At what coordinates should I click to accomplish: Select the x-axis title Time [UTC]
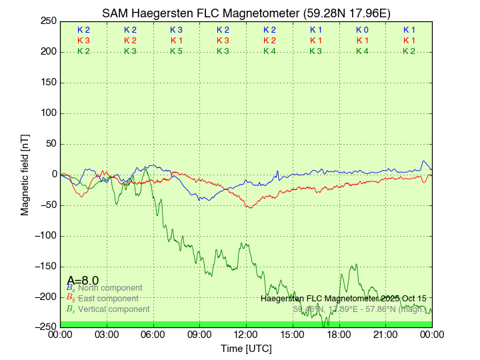[x=246, y=349]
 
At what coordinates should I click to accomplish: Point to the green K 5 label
[x=176, y=51]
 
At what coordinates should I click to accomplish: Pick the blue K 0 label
[x=362, y=30]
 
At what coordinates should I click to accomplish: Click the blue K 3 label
[x=176, y=30]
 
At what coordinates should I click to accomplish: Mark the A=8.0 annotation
[x=83, y=280]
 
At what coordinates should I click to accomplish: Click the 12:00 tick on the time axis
[x=246, y=334]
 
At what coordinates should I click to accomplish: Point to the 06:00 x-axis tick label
[x=153, y=334]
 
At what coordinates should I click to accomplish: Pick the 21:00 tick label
[x=385, y=334]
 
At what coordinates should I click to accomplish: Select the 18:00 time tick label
[x=339, y=334]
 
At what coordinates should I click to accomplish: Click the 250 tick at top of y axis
[x=47, y=21]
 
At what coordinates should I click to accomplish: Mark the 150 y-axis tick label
[x=47, y=82]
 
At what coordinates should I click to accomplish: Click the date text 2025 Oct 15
[x=399, y=299]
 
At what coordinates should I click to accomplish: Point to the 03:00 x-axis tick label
[x=107, y=334]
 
